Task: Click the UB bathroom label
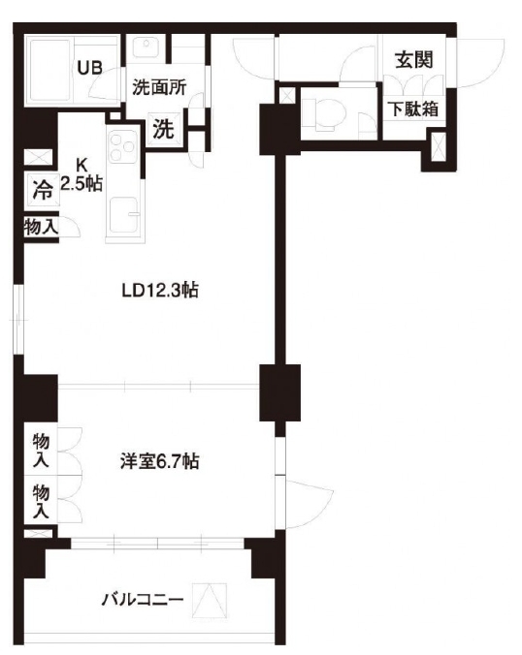coord(89,68)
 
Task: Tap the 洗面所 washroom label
coord(159,87)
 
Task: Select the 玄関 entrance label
coord(414,60)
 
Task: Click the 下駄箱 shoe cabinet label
coord(414,109)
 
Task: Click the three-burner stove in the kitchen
coord(122,146)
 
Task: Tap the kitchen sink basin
coord(124,214)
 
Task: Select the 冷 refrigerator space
coord(43,191)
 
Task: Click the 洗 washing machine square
coord(163,128)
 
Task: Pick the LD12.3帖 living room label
coord(160,291)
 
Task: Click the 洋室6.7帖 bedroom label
coord(160,461)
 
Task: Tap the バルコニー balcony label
coord(143,600)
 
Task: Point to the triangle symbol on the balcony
coord(210,601)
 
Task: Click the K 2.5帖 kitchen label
coord(82,174)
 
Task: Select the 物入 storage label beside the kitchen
coord(41,228)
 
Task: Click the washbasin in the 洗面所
coord(146,47)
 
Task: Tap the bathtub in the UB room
coord(49,70)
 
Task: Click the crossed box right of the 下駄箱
coord(439,147)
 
